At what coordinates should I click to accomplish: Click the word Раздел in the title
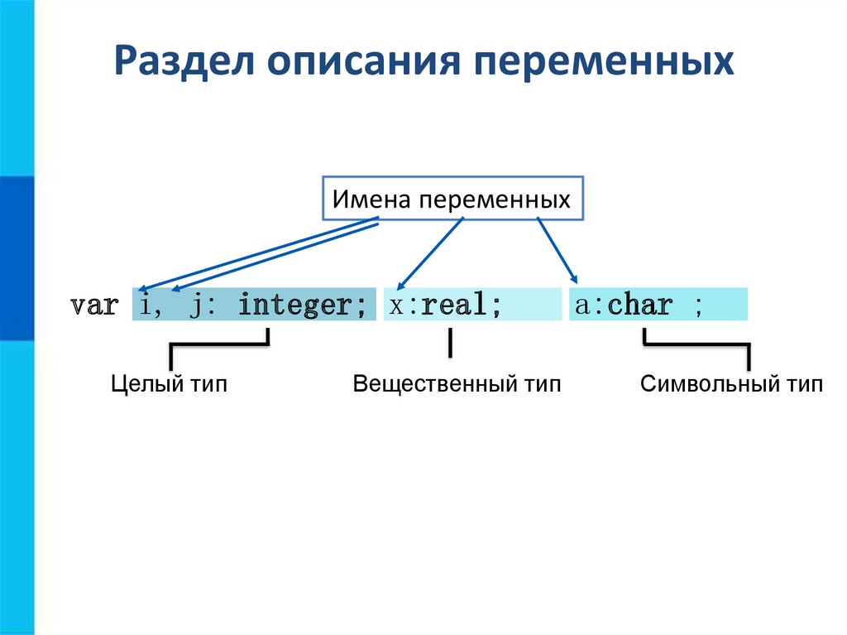[184, 61]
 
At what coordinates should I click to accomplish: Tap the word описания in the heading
[364, 61]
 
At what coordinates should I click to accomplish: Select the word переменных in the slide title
[604, 61]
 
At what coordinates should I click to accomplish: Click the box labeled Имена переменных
[452, 198]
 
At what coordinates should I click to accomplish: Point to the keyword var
[94, 305]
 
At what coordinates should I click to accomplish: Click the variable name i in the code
[145, 304]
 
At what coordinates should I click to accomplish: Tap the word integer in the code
[295, 305]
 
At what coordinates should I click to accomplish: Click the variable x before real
[396, 306]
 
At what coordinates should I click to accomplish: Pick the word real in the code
[453, 304]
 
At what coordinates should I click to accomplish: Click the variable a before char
[581, 305]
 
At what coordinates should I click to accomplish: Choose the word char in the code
[640, 305]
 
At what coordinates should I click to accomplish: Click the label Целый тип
[169, 384]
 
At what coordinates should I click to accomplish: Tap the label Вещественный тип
[457, 384]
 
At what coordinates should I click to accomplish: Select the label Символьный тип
[731, 384]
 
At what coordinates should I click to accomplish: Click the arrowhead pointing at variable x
[400, 286]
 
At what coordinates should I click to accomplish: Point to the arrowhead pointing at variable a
[574, 279]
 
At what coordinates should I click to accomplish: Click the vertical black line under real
[450, 343]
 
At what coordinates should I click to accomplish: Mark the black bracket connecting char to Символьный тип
[696, 344]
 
